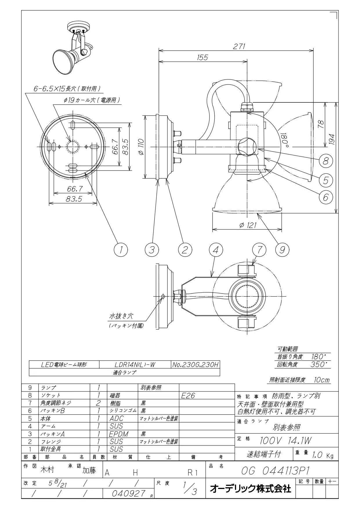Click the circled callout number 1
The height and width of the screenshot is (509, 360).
pyautogui.click(x=121, y=249)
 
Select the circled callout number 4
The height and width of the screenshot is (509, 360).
pyautogui.click(x=216, y=249)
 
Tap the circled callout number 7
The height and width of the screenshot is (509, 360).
pyautogui.click(x=259, y=249)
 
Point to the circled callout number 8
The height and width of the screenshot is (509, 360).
pyautogui.click(x=325, y=161)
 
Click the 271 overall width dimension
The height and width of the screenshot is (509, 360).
pyautogui.click(x=239, y=46)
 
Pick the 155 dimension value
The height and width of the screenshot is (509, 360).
pyautogui.click(x=202, y=57)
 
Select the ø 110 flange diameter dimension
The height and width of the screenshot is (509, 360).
pyautogui.click(x=141, y=147)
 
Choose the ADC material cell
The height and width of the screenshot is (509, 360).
pyautogui.click(x=116, y=419)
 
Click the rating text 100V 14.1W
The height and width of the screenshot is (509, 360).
pyautogui.click(x=285, y=441)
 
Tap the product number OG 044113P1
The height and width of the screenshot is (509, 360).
pyautogui.click(x=274, y=471)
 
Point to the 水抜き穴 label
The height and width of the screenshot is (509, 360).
pyautogui.click(x=121, y=316)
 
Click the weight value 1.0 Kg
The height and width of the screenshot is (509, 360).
pyautogui.click(x=323, y=455)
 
